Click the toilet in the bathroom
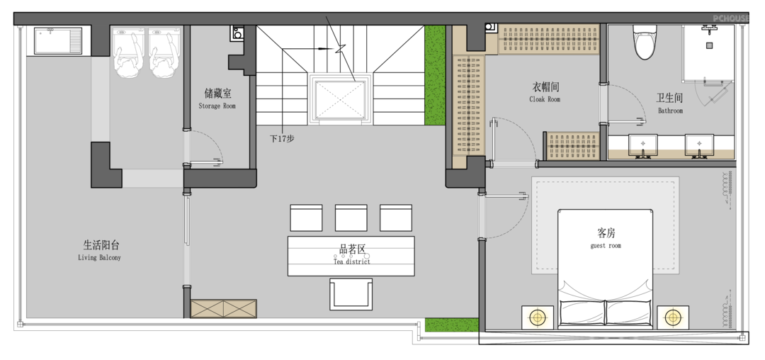[645, 42]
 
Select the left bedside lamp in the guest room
[538, 317]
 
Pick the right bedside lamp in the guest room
[673, 317]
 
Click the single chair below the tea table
[351, 294]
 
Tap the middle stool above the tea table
[351, 218]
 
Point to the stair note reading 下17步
[282, 138]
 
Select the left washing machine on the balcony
[130, 52]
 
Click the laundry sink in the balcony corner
[58, 41]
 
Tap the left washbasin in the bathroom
[642, 145]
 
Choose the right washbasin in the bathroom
[699, 145]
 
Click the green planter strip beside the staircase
[435, 75]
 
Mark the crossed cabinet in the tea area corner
[223, 309]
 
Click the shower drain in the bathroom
[709, 45]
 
